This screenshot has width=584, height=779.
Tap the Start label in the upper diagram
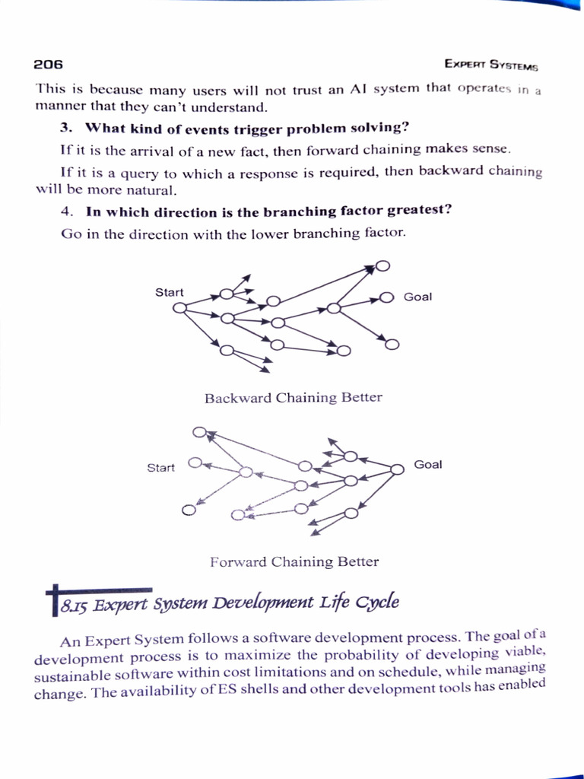(x=169, y=292)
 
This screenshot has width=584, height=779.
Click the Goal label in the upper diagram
(x=417, y=297)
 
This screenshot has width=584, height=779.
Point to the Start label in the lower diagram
(x=160, y=468)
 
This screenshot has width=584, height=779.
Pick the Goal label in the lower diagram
(x=427, y=464)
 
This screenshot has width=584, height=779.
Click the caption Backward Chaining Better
(x=293, y=398)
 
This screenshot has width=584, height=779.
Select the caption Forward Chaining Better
(x=294, y=562)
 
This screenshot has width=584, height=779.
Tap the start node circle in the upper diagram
(x=179, y=308)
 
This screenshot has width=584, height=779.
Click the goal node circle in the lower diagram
(x=397, y=469)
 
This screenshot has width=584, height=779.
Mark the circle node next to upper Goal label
(x=386, y=297)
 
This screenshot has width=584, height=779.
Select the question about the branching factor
(x=269, y=211)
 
